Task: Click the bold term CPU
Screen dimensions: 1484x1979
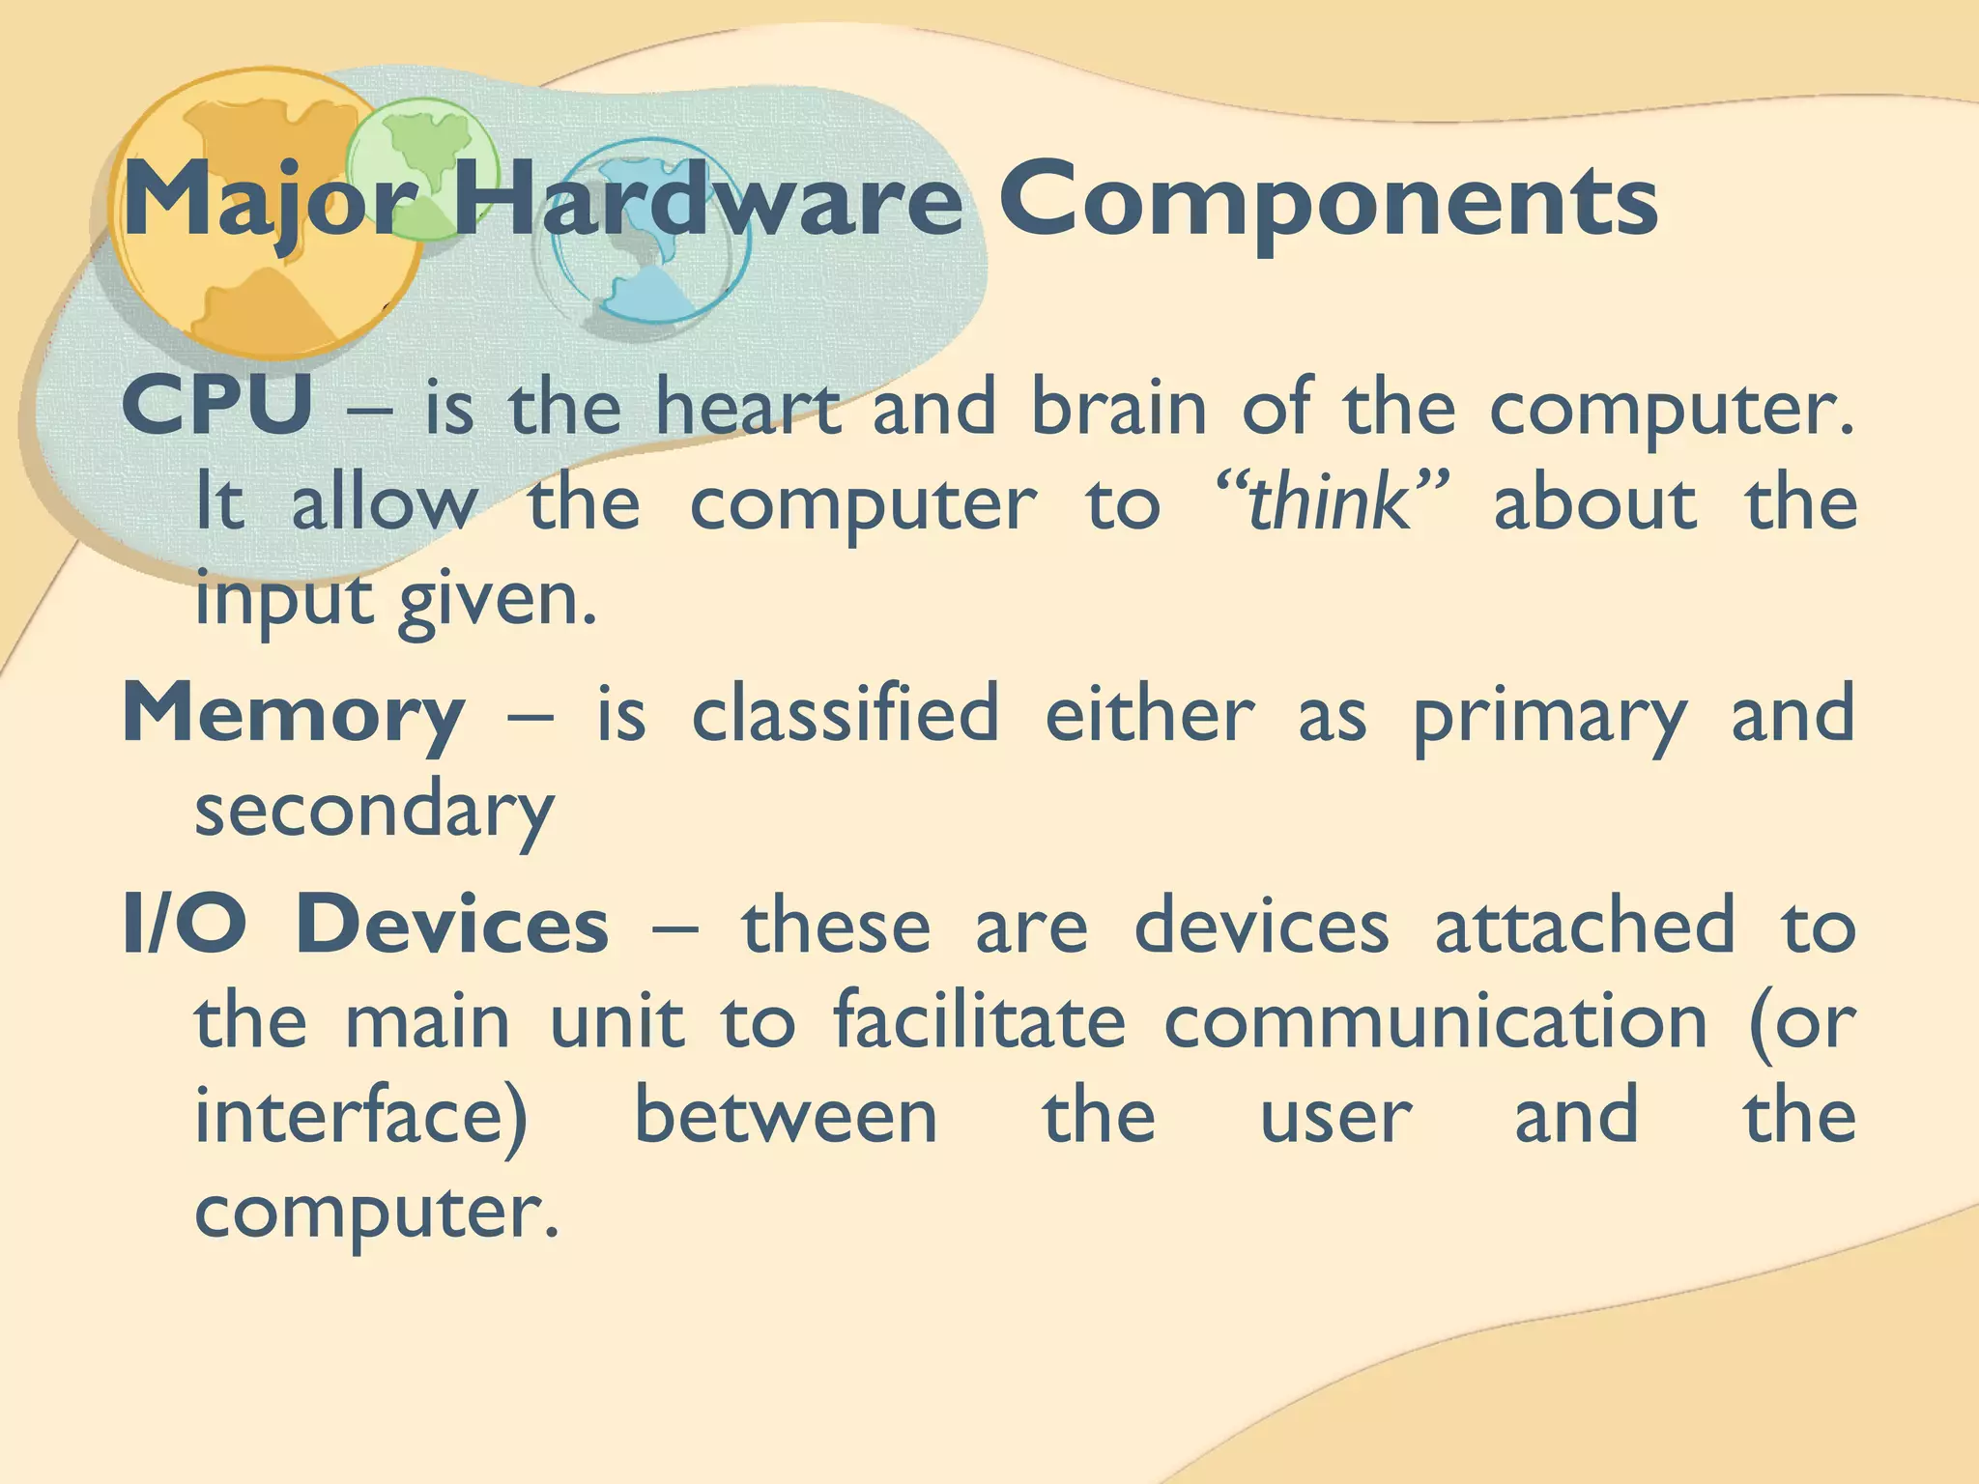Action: click(217, 407)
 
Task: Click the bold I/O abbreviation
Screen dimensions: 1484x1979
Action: click(185, 926)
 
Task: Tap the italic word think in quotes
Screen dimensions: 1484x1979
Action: click(1328, 503)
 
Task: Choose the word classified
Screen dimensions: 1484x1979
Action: click(846, 714)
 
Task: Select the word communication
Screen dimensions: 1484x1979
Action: click(1435, 1021)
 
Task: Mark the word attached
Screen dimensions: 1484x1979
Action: click(1584, 926)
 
